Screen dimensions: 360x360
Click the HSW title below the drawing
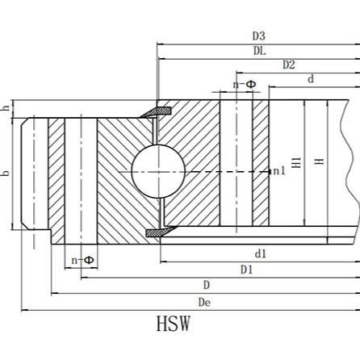coord(174,325)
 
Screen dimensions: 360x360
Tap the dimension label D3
coord(258,36)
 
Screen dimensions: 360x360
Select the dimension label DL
coord(258,50)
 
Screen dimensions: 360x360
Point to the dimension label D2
coord(288,65)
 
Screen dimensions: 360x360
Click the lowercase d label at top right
coord(311,78)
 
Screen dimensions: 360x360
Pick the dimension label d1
coord(260,253)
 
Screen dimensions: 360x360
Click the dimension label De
coord(204,302)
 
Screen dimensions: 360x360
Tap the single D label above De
coord(207,285)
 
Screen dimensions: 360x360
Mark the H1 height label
coord(296,162)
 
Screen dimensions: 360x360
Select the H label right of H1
coord(320,161)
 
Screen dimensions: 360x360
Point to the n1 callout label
coord(279,171)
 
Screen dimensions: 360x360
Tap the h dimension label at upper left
coord(6,108)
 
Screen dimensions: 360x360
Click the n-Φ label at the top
coord(245,84)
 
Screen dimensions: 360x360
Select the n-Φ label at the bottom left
coord(82,260)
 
